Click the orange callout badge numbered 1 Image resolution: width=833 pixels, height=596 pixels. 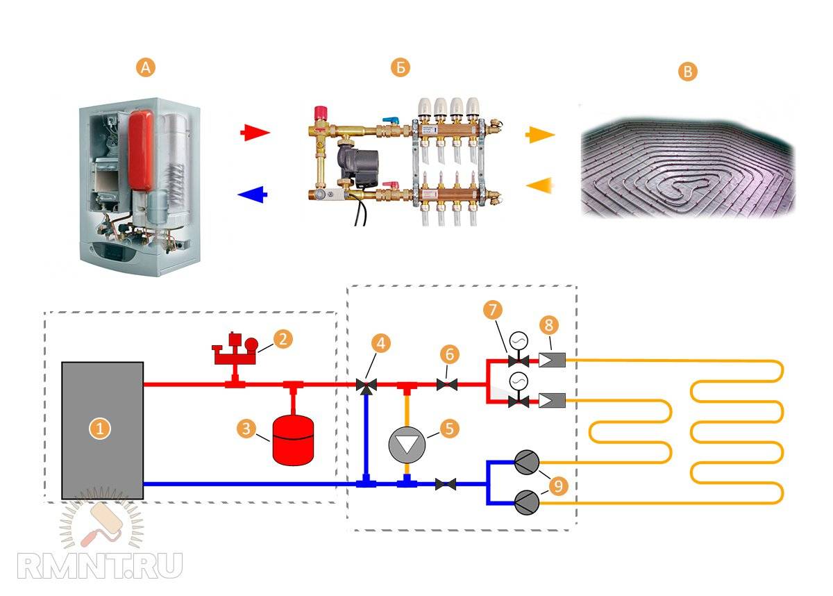101,429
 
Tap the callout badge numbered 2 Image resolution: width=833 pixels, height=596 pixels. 282,339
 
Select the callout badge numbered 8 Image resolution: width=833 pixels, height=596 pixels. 548,324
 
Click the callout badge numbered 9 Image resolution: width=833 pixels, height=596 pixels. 557,485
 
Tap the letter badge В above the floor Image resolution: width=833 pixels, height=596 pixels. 687,72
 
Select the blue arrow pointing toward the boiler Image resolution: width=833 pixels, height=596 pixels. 253,195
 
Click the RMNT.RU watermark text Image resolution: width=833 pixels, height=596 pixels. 101,564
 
